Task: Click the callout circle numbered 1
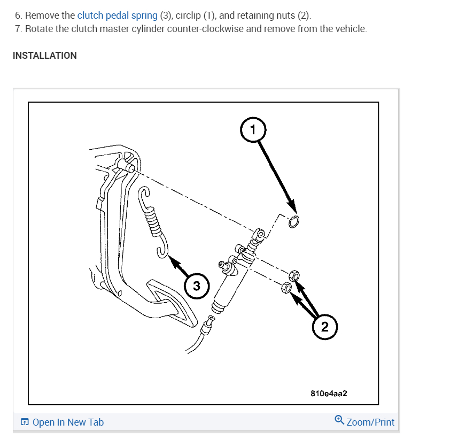[253, 129]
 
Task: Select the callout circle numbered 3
[197, 286]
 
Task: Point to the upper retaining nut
[293, 276]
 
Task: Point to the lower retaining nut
[286, 288]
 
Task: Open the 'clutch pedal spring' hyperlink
[117, 15]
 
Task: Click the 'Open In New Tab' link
[68, 422]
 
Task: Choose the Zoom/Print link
[370, 422]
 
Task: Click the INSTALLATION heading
[45, 56]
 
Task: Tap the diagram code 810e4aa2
[329, 394]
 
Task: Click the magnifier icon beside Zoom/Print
[339, 421]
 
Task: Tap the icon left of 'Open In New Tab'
[25, 423]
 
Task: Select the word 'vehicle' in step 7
[351, 28]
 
